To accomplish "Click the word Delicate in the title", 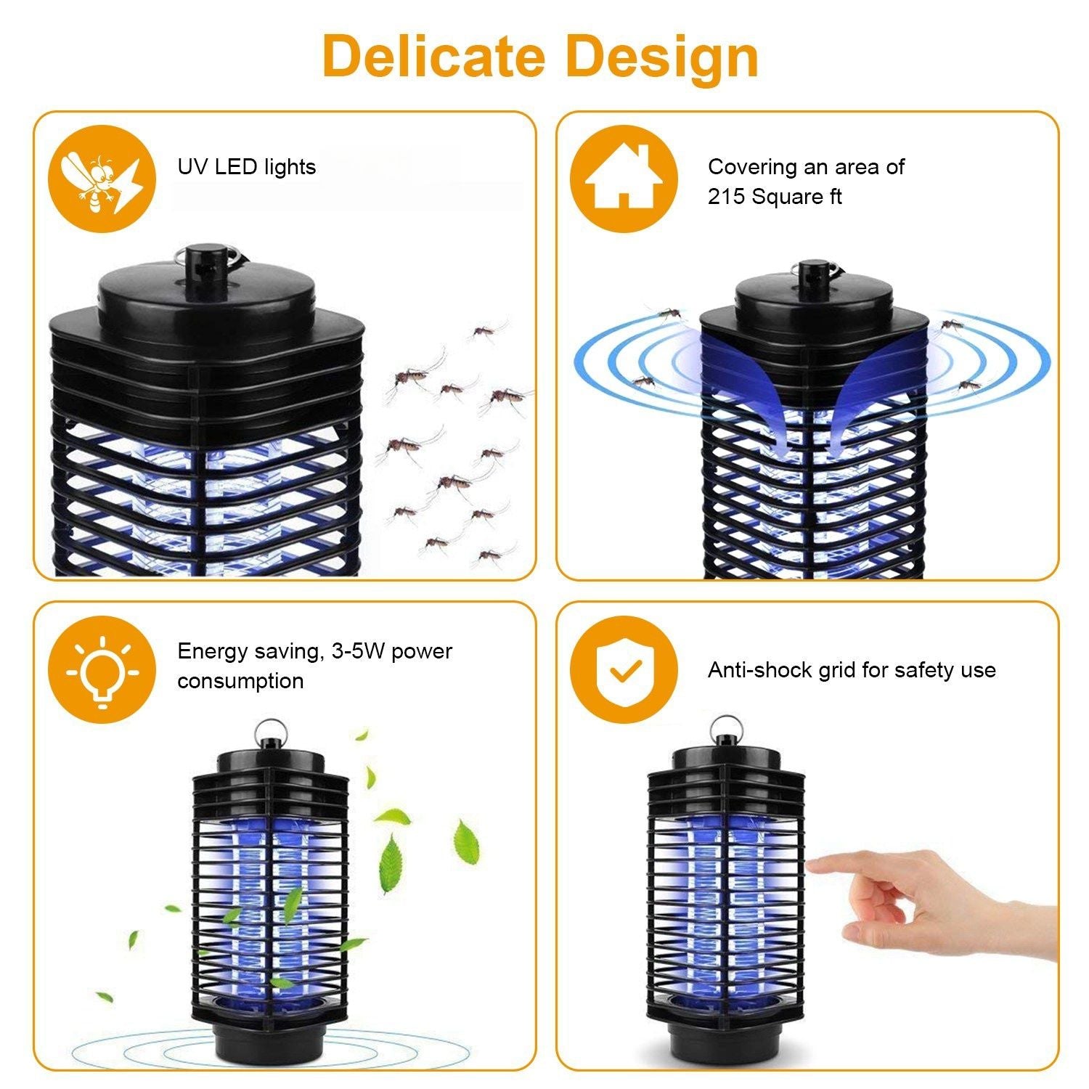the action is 433,56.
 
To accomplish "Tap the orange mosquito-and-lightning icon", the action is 102,179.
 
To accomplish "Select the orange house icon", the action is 624,179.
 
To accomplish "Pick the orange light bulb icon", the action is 102,669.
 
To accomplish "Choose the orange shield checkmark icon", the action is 624,669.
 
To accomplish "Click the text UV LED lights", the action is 247,168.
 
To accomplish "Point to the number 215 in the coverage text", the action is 727,197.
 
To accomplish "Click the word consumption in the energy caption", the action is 240,682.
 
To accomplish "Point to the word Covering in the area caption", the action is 753,168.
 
